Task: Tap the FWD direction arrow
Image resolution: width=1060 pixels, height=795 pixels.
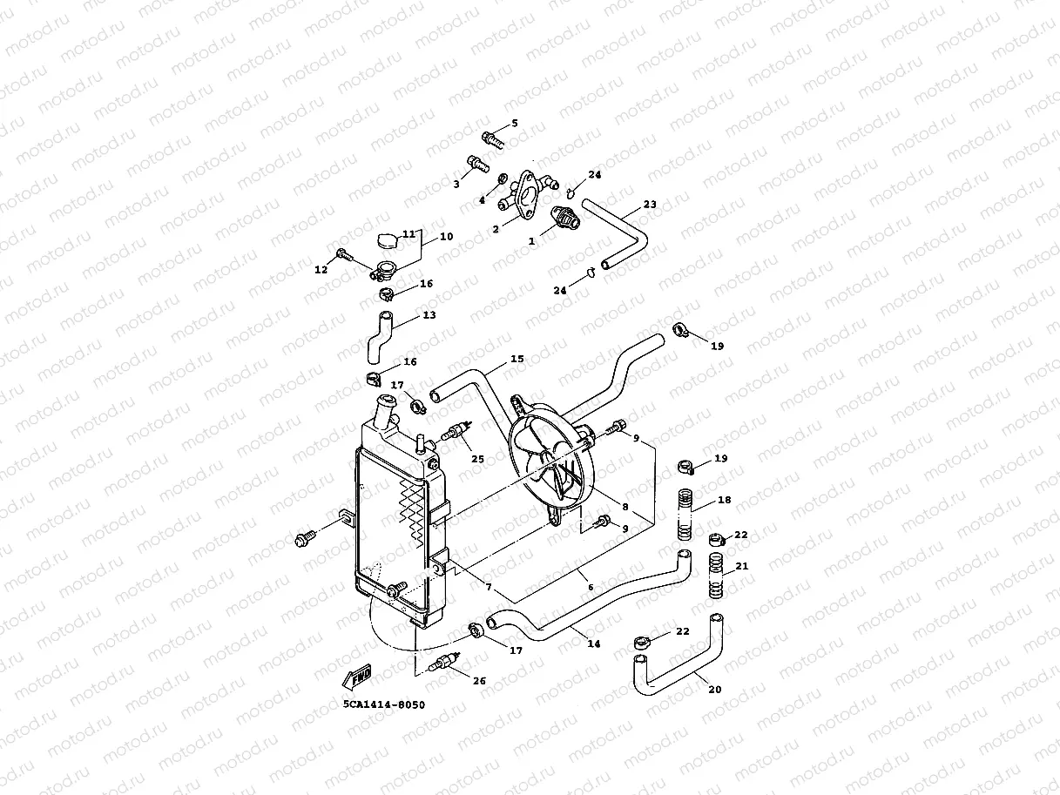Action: (x=357, y=675)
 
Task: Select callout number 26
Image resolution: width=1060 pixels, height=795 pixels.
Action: (x=479, y=681)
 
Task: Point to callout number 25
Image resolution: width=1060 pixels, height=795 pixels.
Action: (x=477, y=458)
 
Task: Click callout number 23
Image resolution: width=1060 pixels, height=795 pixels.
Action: (x=650, y=205)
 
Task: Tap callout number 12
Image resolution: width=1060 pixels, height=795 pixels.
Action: (x=321, y=270)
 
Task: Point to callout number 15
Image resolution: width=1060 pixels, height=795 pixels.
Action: (x=517, y=359)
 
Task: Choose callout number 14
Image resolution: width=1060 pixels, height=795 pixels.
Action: (x=594, y=644)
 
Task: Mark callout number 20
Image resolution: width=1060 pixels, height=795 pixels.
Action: (x=714, y=690)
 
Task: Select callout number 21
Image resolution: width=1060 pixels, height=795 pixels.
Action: (x=742, y=566)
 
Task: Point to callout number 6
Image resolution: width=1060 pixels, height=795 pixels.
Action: (x=591, y=588)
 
